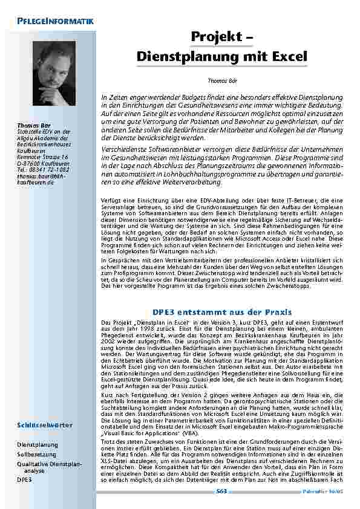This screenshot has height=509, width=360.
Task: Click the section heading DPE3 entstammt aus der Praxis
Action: pyautogui.click(x=221, y=312)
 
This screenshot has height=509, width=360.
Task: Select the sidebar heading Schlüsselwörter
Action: pyautogui.click(x=45, y=425)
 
